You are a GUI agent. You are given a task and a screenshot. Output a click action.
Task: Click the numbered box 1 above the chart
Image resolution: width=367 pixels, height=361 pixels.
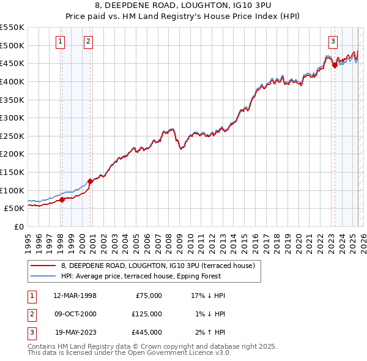coord(61,42)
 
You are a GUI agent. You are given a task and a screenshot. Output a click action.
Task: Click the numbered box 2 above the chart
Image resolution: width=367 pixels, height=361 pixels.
coord(88,42)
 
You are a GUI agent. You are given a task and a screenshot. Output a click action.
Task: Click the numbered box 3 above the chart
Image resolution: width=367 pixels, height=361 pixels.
coord(333,42)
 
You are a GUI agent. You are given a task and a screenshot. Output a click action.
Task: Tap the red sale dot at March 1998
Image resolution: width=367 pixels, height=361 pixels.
coord(62,199)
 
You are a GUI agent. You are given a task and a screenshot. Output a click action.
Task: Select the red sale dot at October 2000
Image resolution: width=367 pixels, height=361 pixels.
coord(90,181)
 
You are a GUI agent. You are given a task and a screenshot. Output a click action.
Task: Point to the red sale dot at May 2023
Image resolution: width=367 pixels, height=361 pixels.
coord(335,65)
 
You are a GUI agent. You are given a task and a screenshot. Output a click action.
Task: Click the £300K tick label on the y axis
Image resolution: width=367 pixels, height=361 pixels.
coord(12,117)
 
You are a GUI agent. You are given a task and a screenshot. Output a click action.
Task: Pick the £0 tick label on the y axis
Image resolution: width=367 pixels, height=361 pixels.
coord(19,226)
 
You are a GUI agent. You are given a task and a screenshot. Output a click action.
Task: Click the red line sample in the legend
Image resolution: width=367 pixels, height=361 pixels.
coord(42,266)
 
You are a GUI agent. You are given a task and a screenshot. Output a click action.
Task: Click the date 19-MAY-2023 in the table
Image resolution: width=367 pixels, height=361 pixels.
coord(75,332)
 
